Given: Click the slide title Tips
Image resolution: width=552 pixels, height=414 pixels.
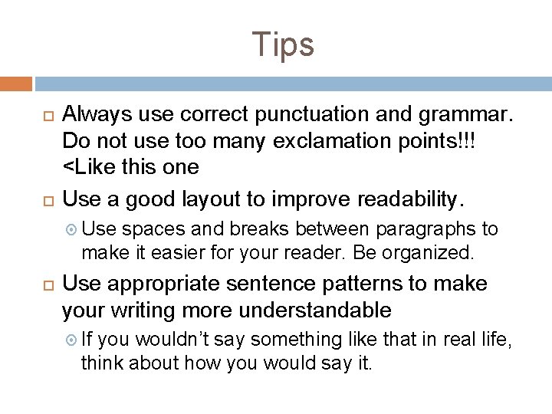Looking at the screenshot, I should click(283, 44).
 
